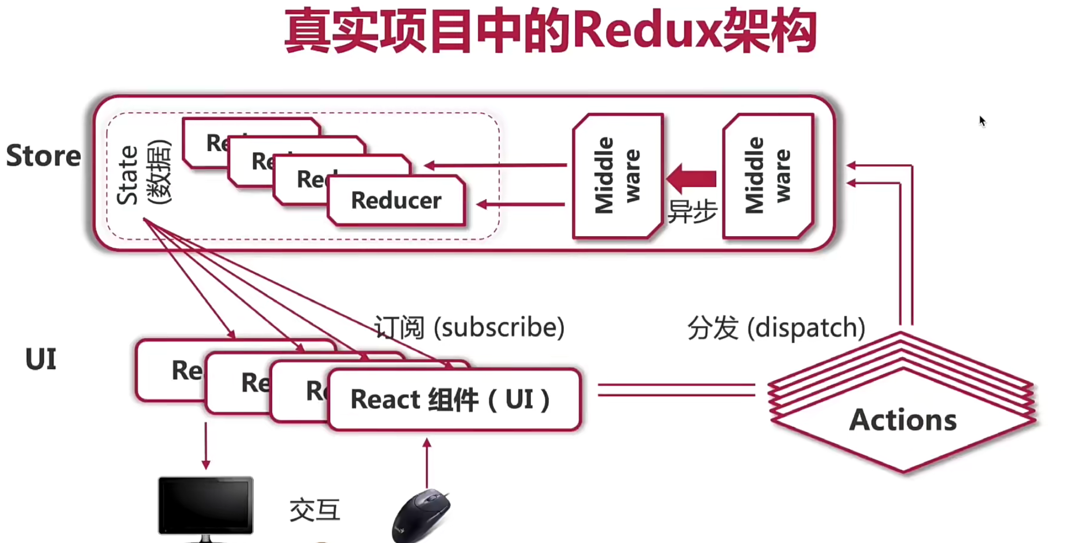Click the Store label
[44, 156]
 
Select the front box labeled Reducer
[396, 201]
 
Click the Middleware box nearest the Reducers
[618, 175]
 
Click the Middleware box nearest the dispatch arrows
[768, 175]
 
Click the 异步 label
[692, 211]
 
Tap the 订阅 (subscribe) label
[469, 327]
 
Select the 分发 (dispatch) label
[776, 327]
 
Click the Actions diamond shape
[903, 420]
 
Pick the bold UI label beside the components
[41, 359]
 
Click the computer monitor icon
[205, 506]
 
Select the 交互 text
[315, 510]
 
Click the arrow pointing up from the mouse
[427, 462]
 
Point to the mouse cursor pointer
[982, 121]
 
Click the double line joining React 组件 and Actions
[676, 390]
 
